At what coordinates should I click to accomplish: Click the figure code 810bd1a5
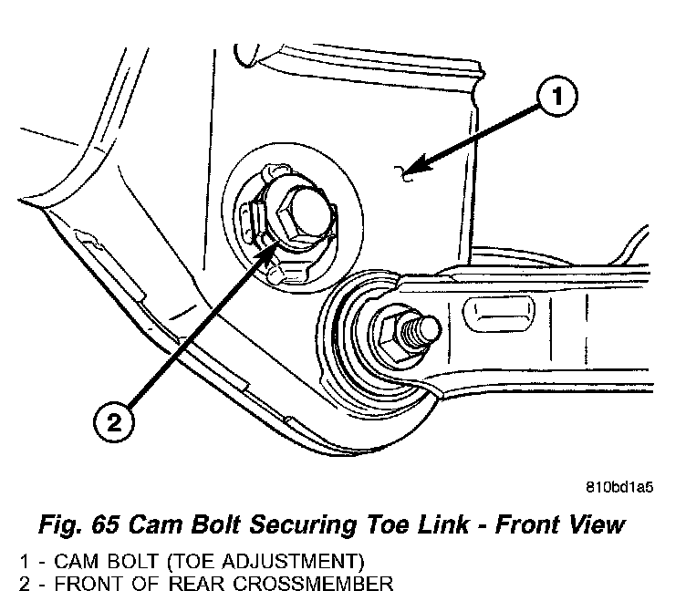point(619,486)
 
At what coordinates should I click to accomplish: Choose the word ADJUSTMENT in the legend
point(293,559)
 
